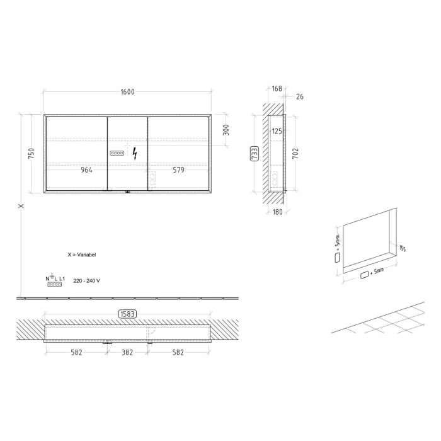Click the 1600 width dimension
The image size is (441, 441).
127,92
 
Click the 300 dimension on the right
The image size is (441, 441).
226,130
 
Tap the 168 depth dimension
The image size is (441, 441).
276,89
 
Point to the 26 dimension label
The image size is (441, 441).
299,96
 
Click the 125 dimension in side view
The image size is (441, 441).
276,132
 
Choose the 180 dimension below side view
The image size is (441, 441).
277,212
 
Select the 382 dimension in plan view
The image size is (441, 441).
127,353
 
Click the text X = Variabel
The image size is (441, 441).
82,255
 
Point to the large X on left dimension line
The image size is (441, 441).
21,206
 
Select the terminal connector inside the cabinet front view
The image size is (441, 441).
117,153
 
